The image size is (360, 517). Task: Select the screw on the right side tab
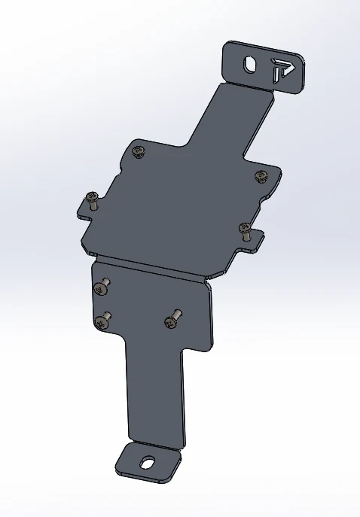pyautogui.click(x=245, y=229)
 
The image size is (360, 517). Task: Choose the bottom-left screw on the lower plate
pyautogui.click(x=102, y=321)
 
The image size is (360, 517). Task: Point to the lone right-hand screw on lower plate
pyautogui.click(x=171, y=321)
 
